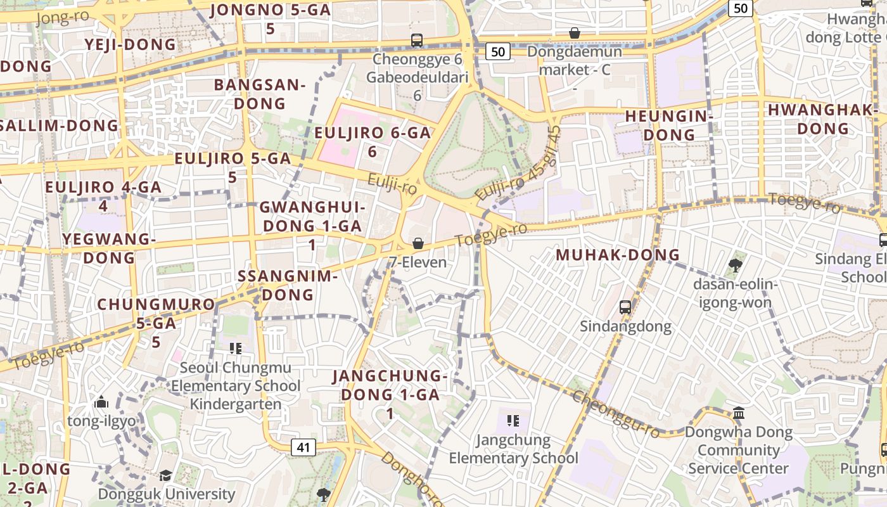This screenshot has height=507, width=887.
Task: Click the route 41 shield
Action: click(303, 447)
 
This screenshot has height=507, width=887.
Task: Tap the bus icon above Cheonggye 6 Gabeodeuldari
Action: click(417, 40)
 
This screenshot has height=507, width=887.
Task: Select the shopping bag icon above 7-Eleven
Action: click(418, 243)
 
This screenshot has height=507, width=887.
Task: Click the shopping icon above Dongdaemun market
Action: click(575, 32)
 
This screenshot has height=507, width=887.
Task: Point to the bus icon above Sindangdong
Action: click(625, 307)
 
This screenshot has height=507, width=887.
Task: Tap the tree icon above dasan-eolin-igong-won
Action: click(735, 265)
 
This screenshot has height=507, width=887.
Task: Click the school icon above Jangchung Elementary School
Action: click(513, 420)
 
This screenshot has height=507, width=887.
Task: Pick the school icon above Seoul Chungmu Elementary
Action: click(236, 348)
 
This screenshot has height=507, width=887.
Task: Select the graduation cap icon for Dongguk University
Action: click(165, 475)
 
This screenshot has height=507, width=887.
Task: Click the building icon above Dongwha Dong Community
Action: click(739, 413)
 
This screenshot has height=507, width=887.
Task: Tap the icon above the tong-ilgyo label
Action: click(101, 402)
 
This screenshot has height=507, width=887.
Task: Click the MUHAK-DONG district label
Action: click(618, 255)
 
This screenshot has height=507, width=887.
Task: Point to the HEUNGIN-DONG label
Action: click(669, 125)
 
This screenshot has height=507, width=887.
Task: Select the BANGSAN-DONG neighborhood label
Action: click(260, 94)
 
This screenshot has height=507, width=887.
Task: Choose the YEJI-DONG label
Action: click(131, 44)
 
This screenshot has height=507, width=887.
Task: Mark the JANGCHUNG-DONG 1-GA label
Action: click(390, 394)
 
